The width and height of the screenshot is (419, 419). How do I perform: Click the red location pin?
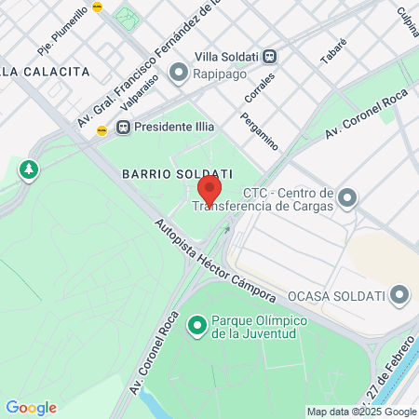pos(209,191)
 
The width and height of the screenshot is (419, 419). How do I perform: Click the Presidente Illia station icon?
pos(123,127)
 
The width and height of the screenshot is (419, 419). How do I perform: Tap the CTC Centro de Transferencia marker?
pos(348,197)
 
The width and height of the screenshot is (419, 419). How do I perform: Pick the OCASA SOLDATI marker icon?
pos(400,295)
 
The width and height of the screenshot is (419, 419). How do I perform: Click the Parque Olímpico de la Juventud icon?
pos(196,325)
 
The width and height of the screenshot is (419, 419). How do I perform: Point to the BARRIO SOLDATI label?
pos(176,173)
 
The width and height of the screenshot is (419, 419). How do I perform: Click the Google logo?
pos(31,408)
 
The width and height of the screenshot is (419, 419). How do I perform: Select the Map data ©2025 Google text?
pos(361,412)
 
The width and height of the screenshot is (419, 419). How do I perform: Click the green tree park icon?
pos(29,169)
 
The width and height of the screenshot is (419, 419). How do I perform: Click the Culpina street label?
pos(406,23)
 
